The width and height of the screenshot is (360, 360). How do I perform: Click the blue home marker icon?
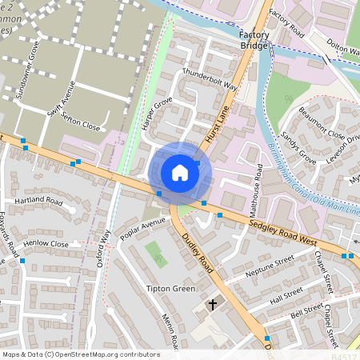pyautogui.click(x=180, y=172)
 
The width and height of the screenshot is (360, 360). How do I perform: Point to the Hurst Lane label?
pyautogui.click(x=217, y=124)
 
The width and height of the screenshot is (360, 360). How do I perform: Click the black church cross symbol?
pyautogui.click(x=213, y=304)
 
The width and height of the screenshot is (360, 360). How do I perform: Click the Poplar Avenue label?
pyautogui.click(x=142, y=222)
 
